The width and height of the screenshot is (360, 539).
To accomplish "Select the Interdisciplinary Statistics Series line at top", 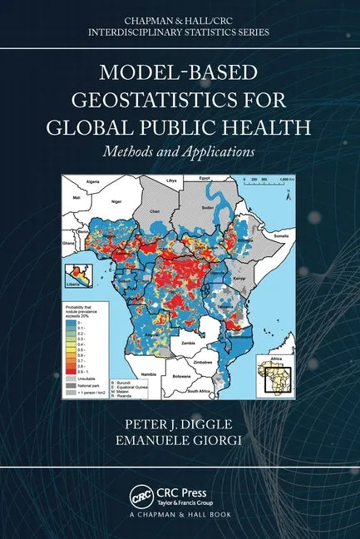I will [180, 32].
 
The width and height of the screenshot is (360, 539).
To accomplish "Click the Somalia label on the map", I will [282, 237].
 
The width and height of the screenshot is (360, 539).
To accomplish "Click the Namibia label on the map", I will [149, 375].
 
